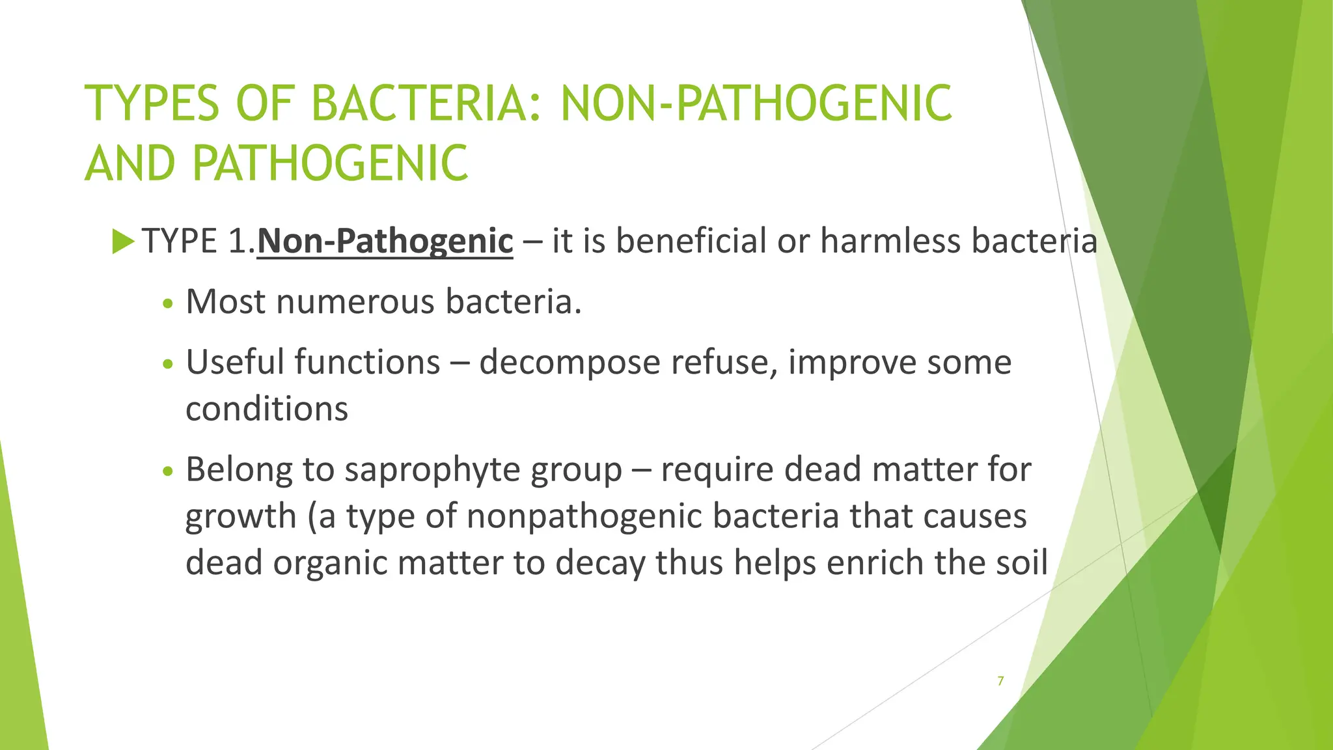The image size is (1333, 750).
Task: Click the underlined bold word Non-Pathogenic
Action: pyautogui.click(x=385, y=242)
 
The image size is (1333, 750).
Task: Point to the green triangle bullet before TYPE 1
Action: pyautogui.click(x=122, y=242)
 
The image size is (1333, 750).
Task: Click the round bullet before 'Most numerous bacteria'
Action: pyautogui.click(x=168, y=303)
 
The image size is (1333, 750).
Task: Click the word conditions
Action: pyautogui.click(x=267, y=410)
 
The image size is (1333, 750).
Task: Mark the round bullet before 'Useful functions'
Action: pyautogui.click(x=168, y=364)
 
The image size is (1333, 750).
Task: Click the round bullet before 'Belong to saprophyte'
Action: pyautogui.click(x=168, y=471)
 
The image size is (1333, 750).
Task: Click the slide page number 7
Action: pyautogui.click(x=1000, y=681)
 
